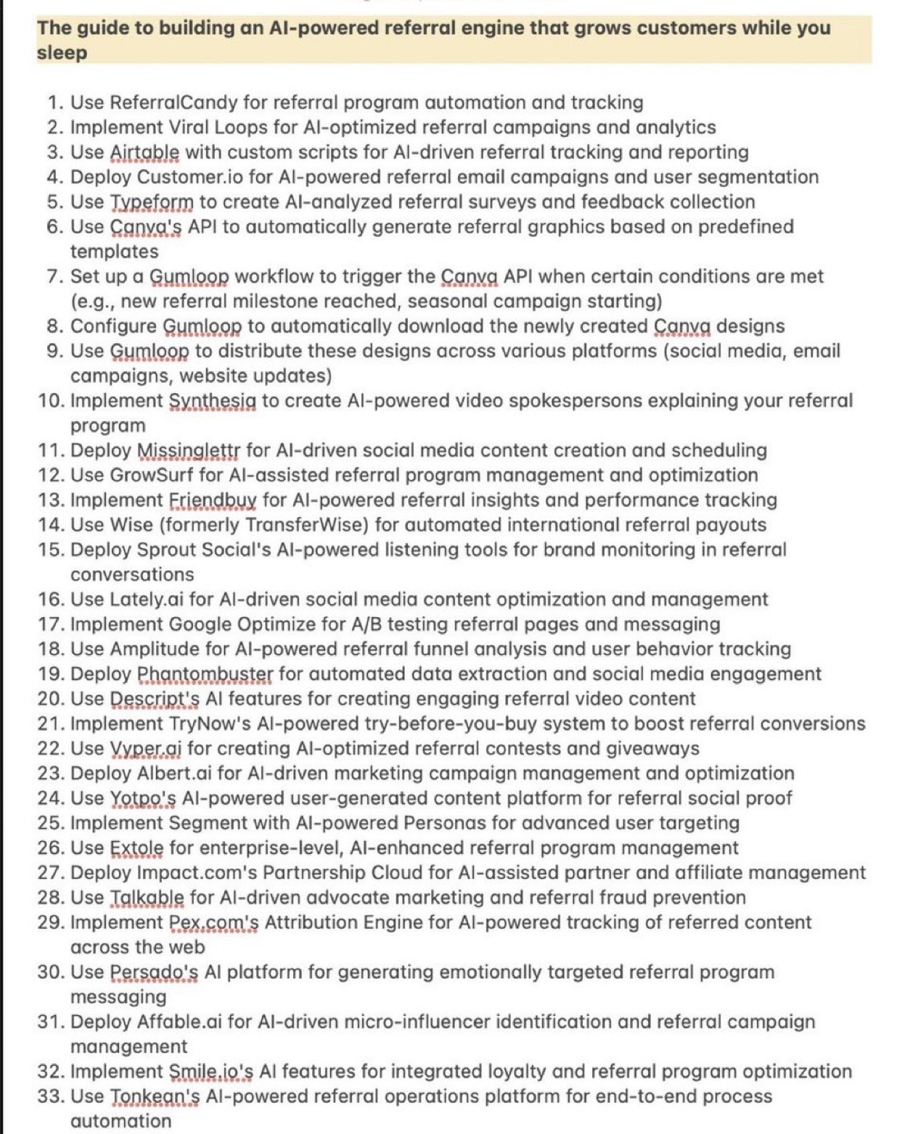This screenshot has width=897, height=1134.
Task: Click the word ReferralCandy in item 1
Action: coord(173,102)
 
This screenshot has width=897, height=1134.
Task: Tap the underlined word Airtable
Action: coord(144,152)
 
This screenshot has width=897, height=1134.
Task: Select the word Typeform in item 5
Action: coord(152,202)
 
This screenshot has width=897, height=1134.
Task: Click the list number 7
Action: coord(54,276)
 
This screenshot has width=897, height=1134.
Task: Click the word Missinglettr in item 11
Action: coord(188,450)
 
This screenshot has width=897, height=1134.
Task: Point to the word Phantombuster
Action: coord(205,674)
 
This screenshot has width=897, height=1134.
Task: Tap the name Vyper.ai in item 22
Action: coord(145,748)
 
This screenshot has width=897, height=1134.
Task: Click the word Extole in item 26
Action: coord(136,848)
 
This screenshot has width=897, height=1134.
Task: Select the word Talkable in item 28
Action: coord(147,897)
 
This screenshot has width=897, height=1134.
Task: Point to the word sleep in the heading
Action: coord(62,53)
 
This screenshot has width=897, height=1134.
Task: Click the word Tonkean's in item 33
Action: coord(155,1096)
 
